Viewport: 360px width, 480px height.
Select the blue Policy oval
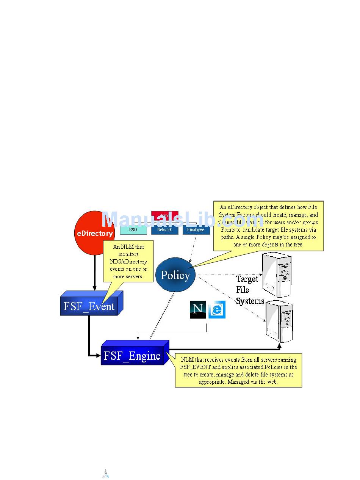[x=175, y=275]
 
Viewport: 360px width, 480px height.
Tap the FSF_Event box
[x=89, y=306]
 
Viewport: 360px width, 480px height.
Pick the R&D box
[x=133, y=230]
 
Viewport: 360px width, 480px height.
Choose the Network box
[x=164, y=230]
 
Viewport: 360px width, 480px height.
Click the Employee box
[x=196, y=230]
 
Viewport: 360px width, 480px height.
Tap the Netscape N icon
[x=198, y=309]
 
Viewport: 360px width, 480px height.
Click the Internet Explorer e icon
[x=217, y=309]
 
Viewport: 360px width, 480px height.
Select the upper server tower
[x=277, y=275]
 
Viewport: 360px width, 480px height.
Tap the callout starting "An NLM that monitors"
[x=128, y=262]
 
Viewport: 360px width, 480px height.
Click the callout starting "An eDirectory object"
[x=268, y=226]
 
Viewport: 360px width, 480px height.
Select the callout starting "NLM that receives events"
[x=238, y=370]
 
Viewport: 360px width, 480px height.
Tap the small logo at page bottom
[x=106, y=474]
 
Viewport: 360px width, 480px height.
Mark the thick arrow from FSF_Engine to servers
[x=224, y=349]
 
